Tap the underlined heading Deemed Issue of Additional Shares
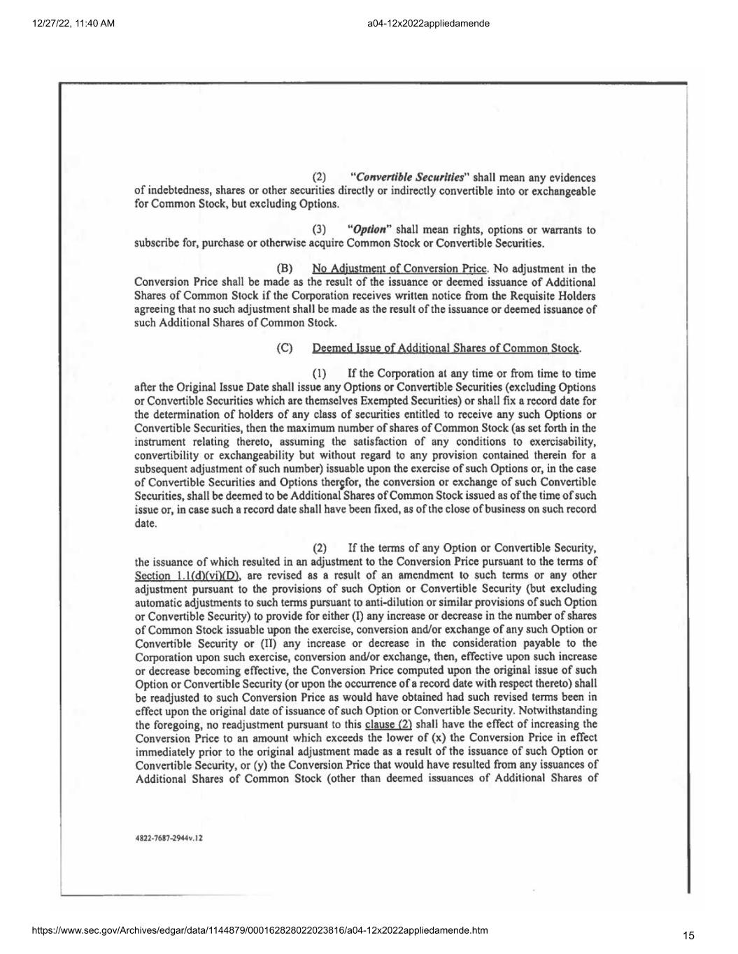click(446, 348)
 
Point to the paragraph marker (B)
click(285, 268)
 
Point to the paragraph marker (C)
click(285, 348)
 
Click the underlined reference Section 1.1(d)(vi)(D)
click(187, 575)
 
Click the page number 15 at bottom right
click(688, 936)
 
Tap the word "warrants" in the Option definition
click(562, 230)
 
